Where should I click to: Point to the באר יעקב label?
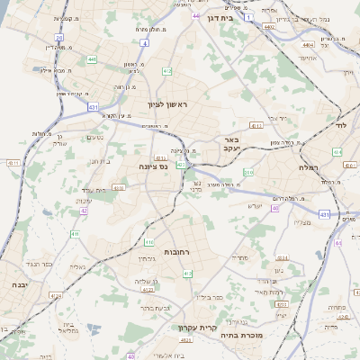pyautogui.click(x=232, y=145)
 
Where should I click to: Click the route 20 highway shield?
pyautogui.click(x=58, y=38)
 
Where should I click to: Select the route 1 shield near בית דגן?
pyautogui.click(x=248, y=30)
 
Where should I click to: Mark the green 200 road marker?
pyautogui.click(x=248, y=172)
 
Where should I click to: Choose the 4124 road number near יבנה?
pyautogui.click(x=58, y=294)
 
